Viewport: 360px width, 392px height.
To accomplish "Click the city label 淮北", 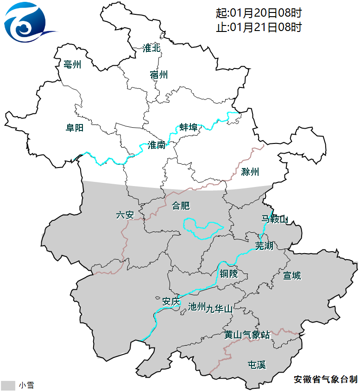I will pyautogui.click(x=152, y=48).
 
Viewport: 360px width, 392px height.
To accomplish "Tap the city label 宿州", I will pyautogui.click(x=159, y=75).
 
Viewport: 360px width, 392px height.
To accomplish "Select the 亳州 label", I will pyautogui.click(x=73, y=65).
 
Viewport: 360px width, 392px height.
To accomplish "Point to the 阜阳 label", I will pyautogui.click(x=74, y=128).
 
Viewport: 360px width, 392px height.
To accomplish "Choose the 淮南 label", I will pyautogui.click(x=156, y=145).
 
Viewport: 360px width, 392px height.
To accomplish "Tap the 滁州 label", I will pyautogui.click(x=250, y=172).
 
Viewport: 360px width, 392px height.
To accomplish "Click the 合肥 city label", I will pyautogui.click(x=181, y=205).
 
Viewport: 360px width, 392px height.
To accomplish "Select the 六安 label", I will pyautogui.click(x=125, y=215).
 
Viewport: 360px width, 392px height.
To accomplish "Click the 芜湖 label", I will pyautogui.click(x=264, y=246).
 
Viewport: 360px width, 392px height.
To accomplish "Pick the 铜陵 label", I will pyautogui.click(x=228, y=274).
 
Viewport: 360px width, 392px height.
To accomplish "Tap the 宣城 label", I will pyautogui.click(x=292, y=276).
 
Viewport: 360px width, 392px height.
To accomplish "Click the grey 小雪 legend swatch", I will pyautogui.click(x=8, y=386).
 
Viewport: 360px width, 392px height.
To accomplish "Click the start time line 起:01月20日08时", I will pyautogui.click(x=259, y=13).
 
